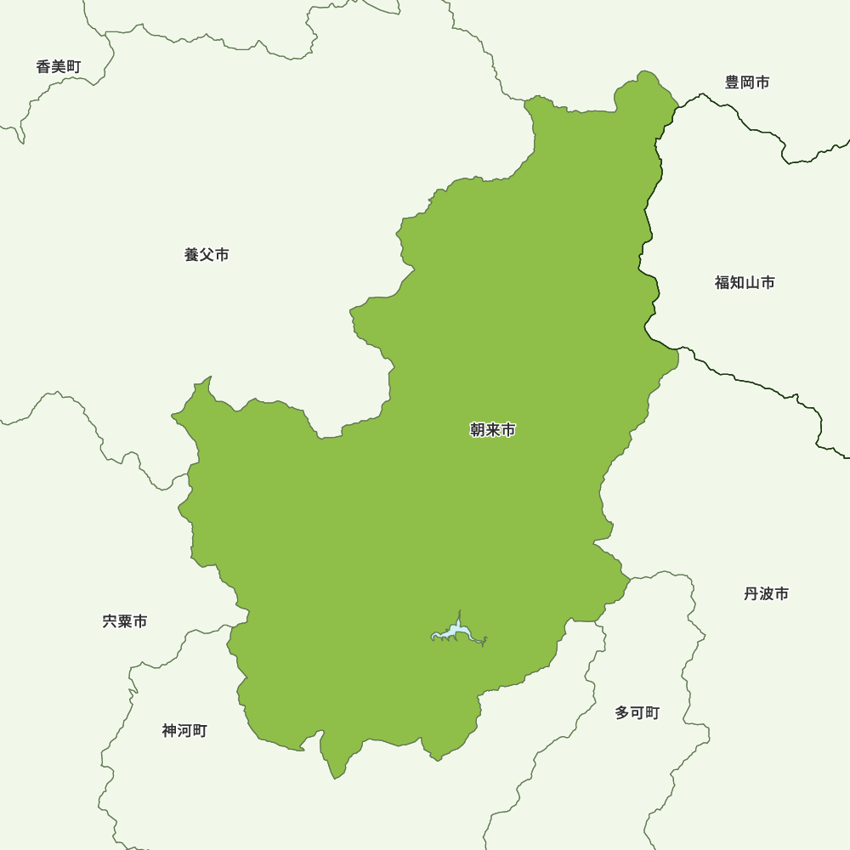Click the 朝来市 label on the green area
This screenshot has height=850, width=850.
click(x=493, y=430)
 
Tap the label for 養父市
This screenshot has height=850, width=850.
click(x=207, y=254)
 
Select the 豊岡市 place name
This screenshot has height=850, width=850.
click(x=747, y=82)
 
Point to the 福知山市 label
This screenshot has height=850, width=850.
click(x=745, y=282)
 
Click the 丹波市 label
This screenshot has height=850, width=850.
click(x=766, y=593)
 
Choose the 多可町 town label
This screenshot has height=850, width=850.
click(x=637, y=712)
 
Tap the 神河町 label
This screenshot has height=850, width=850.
click(x=184, y=730)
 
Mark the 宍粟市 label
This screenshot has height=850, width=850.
click(x=125, y=621)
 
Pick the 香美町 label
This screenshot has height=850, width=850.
click(x=59, y=66)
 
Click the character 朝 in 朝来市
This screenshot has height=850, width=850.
click(x=478, y=430)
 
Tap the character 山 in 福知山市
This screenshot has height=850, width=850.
click(x=752, y=282)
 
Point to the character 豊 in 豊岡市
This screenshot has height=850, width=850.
click(x=732, y=82)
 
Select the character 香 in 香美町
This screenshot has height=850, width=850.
click(x=43, y=66)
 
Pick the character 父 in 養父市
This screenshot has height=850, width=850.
click(x=207, y=254)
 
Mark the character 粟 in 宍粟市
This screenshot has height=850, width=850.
click(x=125, y=621)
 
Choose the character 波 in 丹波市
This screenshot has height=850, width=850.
click(x=766, y=593)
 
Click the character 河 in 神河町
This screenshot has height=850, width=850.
click(x=184, y=730)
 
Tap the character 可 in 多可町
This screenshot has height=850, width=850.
click(x=637, y=712)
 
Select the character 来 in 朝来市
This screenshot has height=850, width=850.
click(x=493, y=430)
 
